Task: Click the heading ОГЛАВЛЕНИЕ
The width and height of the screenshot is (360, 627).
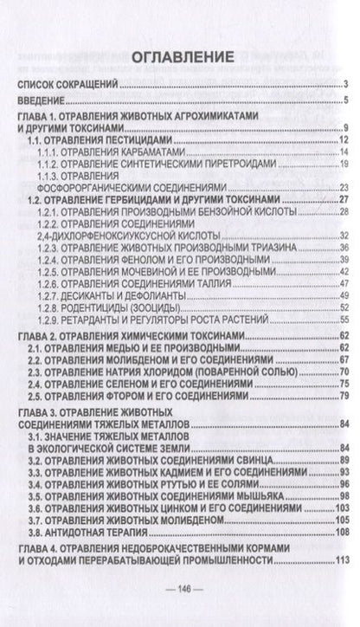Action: pyautogui.click(x=181, y=58)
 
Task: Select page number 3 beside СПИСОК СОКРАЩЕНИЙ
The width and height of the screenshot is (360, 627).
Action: pyautogui.click(x=344, y=84)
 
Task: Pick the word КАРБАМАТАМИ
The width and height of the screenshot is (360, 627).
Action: pyautogui.click(x=157, y=151)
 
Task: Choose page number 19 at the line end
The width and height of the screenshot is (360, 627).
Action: pyautogui.click(x=343, y=163)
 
